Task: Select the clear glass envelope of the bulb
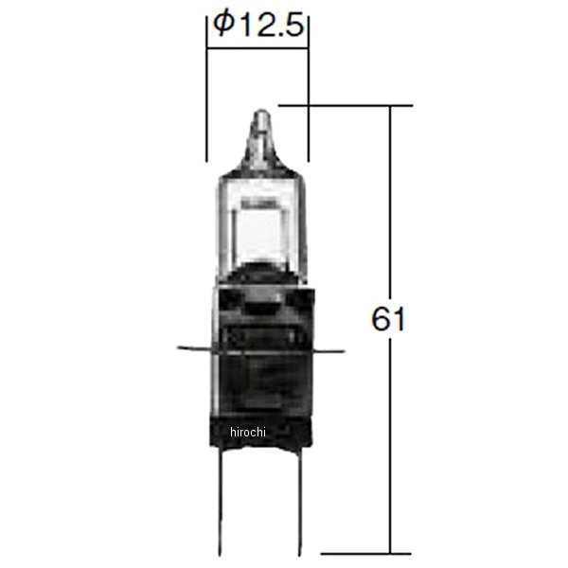click(x=257, y=218)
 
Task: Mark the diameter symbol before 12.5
click(x=222, y=27)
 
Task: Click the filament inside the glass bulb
click(x=258, y=203)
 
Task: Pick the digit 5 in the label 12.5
click(x=293, y=27)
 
